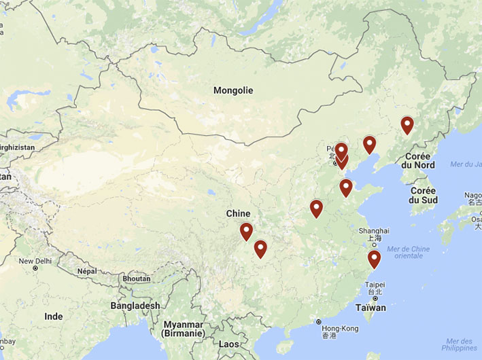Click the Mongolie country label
point(233,90)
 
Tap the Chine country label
point(238,214)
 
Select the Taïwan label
point(370,308)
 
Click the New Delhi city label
point(35,261)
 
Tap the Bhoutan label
point(136,278)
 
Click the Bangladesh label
point(135,306)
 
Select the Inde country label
point(53,317)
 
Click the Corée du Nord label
point(417,160)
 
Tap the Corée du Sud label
point(423,196)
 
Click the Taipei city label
point(375,285)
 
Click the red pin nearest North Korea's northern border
point(407,125)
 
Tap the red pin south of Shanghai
point(374,259)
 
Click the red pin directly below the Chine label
point(246,232)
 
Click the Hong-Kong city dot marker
point(318,322)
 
